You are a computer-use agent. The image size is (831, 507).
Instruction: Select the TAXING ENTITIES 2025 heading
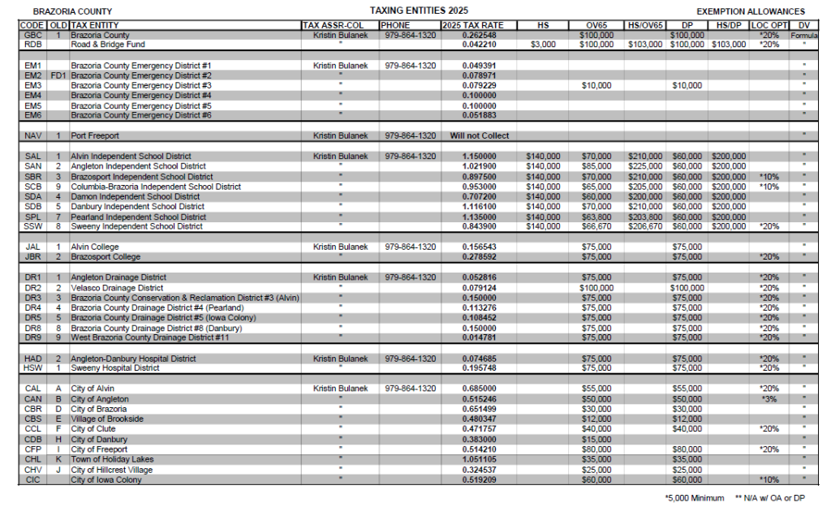point(408,11)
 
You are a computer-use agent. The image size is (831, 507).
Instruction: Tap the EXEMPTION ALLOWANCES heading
point(751,12)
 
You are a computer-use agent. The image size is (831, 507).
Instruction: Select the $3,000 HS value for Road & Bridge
point(543,45)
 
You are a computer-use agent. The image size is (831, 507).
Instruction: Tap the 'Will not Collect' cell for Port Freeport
point(480,135)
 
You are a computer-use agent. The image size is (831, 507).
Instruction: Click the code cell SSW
point(33,227)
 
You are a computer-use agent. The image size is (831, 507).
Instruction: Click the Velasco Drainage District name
point(117,288)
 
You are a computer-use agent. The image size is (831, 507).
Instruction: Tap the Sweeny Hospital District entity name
point(115,368)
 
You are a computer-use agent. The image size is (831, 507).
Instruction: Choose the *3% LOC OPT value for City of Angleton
point(769,399)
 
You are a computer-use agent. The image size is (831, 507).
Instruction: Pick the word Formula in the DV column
point(803,37)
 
